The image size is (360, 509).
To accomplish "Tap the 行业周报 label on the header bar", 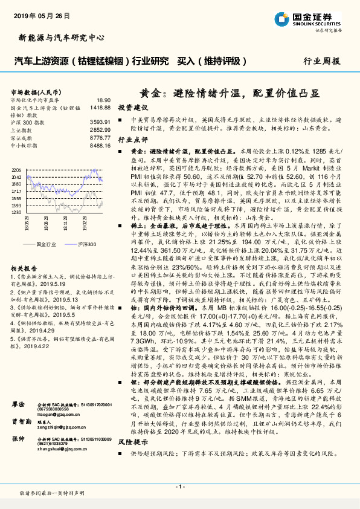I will pos(321,61).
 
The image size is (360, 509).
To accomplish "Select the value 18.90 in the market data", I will pos(103,100).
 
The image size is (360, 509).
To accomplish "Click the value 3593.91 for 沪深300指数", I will pos(100,122).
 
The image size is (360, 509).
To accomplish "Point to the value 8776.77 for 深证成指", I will pos(100,137).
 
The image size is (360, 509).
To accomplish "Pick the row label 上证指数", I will pos(23,130).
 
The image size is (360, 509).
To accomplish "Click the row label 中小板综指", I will pos(25,145).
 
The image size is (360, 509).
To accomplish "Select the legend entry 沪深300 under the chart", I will pos(86,243).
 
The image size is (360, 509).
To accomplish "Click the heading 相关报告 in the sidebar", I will pos(24,267).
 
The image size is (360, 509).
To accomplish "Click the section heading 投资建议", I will pos(132,107).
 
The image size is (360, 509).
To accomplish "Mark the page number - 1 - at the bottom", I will pos(179,487).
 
